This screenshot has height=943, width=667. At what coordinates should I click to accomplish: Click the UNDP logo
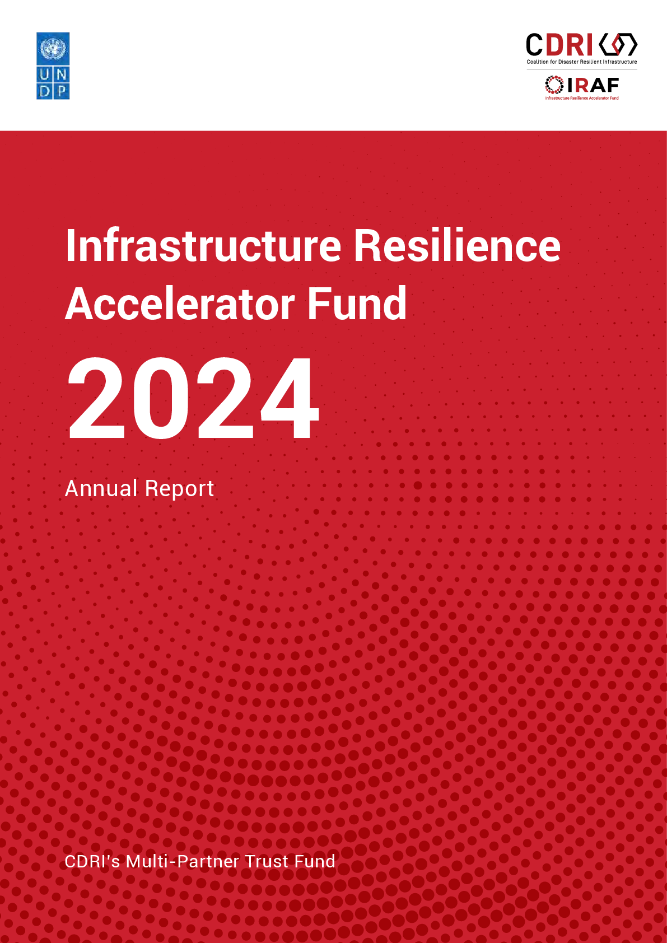[53, 66]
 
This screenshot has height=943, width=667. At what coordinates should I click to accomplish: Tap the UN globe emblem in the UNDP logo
[53, 48]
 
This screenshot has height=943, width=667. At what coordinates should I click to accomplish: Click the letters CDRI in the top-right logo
[559, 45]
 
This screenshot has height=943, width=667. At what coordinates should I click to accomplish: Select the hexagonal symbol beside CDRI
[618, 45]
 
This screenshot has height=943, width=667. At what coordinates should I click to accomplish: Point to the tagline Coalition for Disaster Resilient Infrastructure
[581, 62]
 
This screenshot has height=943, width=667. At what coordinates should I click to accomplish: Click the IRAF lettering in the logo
[593, 86]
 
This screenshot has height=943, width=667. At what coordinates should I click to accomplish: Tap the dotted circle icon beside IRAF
[554, 85]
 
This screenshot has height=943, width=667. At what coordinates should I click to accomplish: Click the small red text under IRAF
[582, 98]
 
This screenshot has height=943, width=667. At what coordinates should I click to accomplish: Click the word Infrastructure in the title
[203, 245]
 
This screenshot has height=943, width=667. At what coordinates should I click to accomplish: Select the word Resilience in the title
[458, 245]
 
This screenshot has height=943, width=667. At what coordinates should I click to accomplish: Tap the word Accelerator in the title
[180, 304]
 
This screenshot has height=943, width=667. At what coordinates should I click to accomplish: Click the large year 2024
[193, 398]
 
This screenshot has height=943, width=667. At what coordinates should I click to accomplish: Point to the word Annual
[101, 488]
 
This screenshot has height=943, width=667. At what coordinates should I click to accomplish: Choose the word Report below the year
[179, 489]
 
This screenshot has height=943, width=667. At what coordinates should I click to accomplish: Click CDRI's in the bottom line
[92, 862]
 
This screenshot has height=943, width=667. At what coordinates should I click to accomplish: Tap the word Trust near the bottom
[267, 862]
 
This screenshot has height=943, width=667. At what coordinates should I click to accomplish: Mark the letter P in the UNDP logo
[62, 91]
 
